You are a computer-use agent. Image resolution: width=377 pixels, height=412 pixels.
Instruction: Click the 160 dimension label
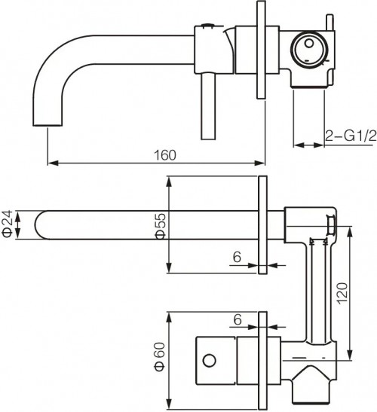click(164, 155)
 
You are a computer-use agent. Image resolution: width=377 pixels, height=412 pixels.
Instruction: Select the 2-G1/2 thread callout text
click(349, 136)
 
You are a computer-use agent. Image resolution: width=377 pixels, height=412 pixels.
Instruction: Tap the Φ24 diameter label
click(8, 224)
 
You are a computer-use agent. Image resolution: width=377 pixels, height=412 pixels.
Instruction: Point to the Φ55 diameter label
click(161, 224)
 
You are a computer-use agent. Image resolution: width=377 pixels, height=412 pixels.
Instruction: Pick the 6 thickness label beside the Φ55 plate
click(237, 257)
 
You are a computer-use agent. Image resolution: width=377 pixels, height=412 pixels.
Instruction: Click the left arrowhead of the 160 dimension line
click(51, 163)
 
